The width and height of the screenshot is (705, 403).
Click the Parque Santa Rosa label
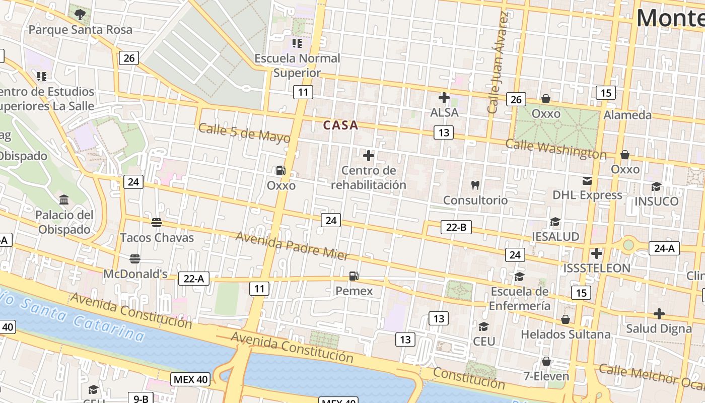click(x=80, y=30)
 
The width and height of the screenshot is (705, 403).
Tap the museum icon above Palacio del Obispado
click(x=64, y=200)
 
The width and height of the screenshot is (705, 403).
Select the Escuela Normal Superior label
click(x=297, y=65)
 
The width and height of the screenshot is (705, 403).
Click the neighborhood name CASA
click(x=340, y=125)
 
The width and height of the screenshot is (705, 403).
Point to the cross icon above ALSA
click(x=444, y=98)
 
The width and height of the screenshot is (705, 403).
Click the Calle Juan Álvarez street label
click(x=498, y=61)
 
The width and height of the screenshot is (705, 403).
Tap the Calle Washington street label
click(x=555, y=149)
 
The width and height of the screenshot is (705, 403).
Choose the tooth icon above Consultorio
click(x=475, y=185)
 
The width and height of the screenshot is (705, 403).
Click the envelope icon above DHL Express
click(x=587, y=181)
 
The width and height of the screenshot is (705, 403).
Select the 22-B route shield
click(x=456, y=227)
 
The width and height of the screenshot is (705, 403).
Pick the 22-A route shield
click(x=193, y=278)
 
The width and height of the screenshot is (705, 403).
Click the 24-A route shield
click(x=664, y=248)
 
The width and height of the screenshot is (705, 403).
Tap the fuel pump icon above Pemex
click(x=354, y=276)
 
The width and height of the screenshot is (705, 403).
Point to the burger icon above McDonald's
click(x=134, y=259)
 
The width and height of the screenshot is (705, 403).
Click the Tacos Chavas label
click(x=157, y=238)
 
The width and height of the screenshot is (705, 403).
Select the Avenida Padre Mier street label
click(x=292, y=245)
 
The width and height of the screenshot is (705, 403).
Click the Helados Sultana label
click(x=565, y=334)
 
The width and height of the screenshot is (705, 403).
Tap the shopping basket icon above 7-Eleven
click(x=546, y=361)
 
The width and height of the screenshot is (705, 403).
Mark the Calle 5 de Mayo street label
click(x=244, y=133)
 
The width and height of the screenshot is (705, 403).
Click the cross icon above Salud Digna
click(x=659, y=314)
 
